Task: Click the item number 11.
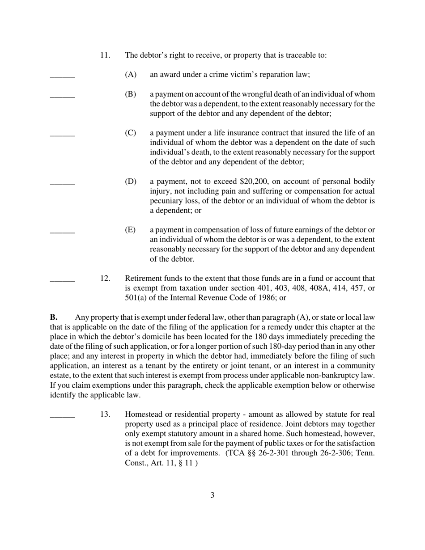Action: coord(105,55)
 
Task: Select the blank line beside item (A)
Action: coord(62,78)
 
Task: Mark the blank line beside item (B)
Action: coord(62,97)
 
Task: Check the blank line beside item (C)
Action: coord(62,136)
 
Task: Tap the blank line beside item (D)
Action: coord(62,184)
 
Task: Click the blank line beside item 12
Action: coord(62,281)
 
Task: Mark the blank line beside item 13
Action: coord(62,418)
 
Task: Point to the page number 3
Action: coord(212,495)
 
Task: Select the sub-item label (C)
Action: coord(131,133)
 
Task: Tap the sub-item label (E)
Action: coord(131,230)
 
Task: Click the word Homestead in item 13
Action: coord(144,415)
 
